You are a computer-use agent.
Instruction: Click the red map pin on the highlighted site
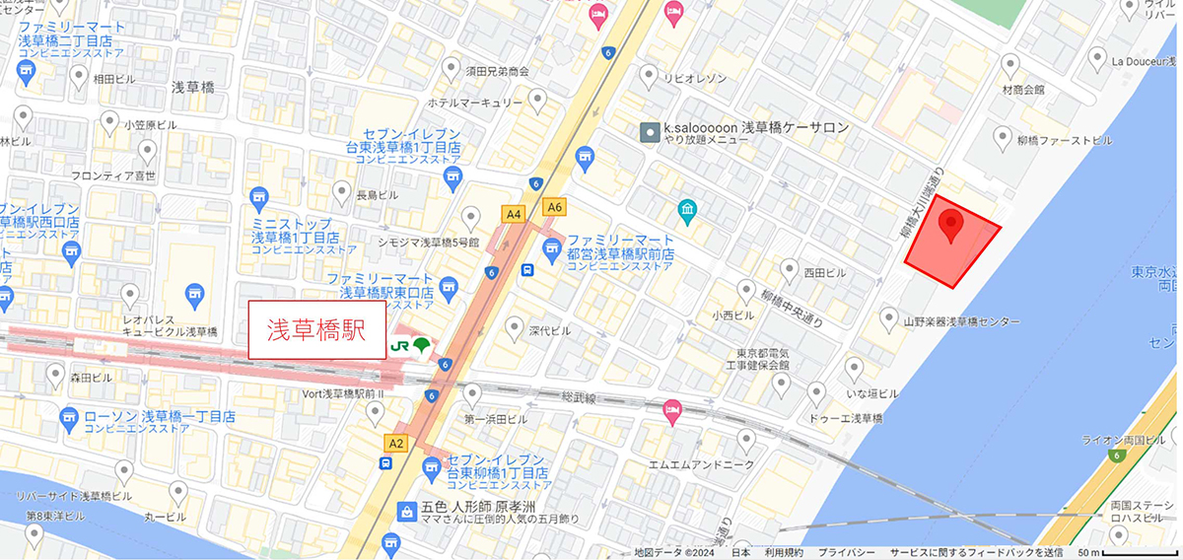click(x=950, y=226)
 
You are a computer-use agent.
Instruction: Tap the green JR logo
click(x=409, y=345)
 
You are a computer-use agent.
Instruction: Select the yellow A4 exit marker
click(x=513, y=213)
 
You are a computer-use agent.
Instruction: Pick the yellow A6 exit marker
click(x=554, y=206)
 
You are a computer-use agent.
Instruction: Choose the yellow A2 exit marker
click(x=396, y=444)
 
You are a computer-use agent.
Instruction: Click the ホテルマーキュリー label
click(x=473, y=102)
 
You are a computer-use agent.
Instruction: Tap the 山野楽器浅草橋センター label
click(x=961, y=321)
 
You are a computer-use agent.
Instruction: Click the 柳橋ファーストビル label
click(x=1071, y=141)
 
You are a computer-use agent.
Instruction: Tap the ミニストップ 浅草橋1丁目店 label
click(x=295, y=231)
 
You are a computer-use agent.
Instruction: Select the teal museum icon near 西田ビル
click(x=687, y=209)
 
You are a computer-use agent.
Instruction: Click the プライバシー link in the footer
click(x=847, y=553)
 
